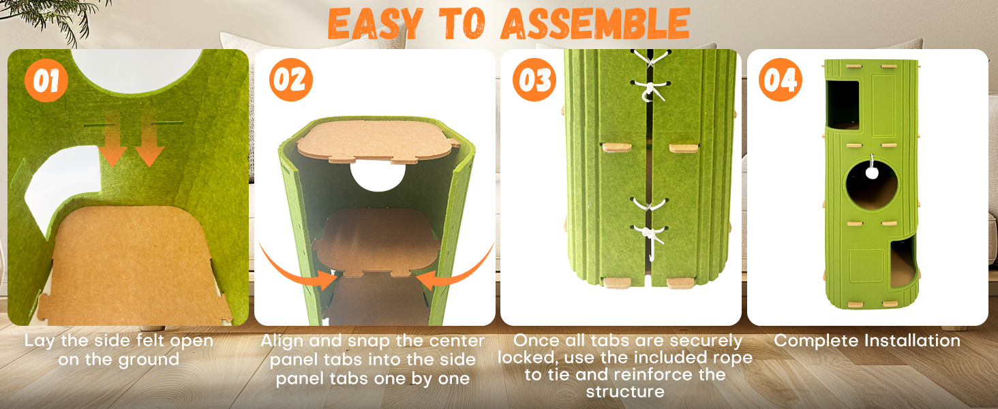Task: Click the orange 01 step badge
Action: pyautogui.click(x=46, y=80)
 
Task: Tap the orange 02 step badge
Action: pyautogui.click(x=290, y=80)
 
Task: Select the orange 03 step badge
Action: pyautogui.click(x=534, y=80)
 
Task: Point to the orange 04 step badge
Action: pyautogui.click(x=780, y=80)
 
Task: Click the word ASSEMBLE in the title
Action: pyautogui.click(x=595, y=23)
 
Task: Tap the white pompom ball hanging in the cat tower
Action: pyautogui.click(x=872, y=172)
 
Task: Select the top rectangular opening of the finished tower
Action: pyautogui.click(x=843, y=104)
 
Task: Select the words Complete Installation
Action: pyautogui.click(x=867, y=341)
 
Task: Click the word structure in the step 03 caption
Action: pyautogui.click(x=624, y=392)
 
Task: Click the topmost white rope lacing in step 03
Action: pyautogui.click(x=650, y=59)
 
